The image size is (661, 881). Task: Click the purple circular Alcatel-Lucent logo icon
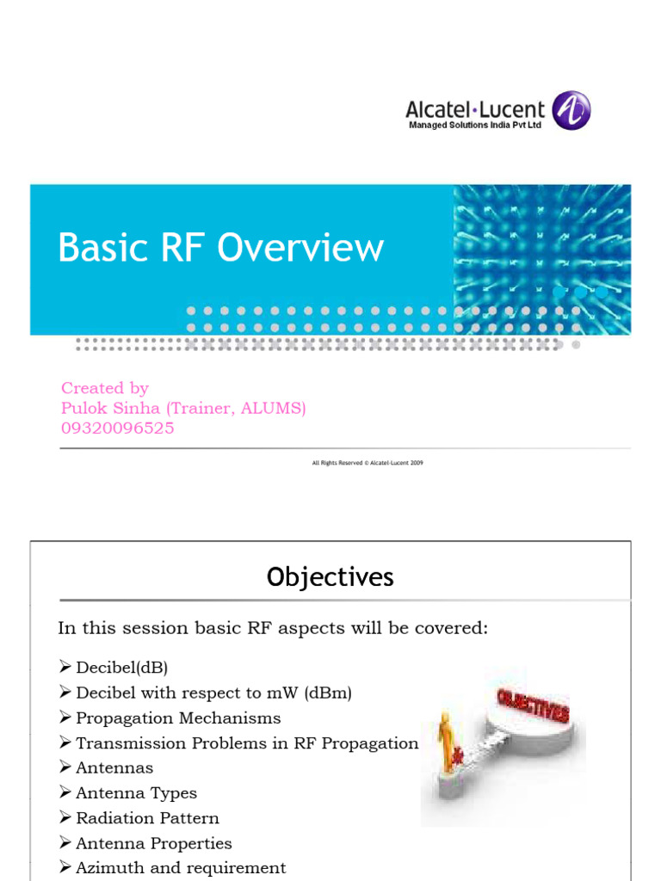tap(571, 111)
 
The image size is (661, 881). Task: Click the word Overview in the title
tap(300, 248)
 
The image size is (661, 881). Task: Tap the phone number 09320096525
tap(117, 428)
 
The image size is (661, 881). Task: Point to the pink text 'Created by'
tap(105, 388)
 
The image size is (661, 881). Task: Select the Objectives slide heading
tap(330, 577)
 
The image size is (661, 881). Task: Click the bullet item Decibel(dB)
tap(120, 668)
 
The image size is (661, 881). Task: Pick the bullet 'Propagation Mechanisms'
tap(178, 718)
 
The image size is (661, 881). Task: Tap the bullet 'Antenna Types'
tap(136, 793)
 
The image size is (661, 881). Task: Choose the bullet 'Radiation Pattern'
tap(147, 818)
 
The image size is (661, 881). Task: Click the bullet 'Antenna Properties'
tap(154, 843)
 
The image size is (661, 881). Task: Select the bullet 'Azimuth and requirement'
tap(181, 868)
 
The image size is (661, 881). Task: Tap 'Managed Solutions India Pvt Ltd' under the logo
tap(475, 126)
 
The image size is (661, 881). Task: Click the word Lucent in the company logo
tap(512, 110)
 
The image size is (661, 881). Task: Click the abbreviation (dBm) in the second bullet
tap(323, 693)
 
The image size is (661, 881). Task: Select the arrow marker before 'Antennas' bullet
tap(65, 767)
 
